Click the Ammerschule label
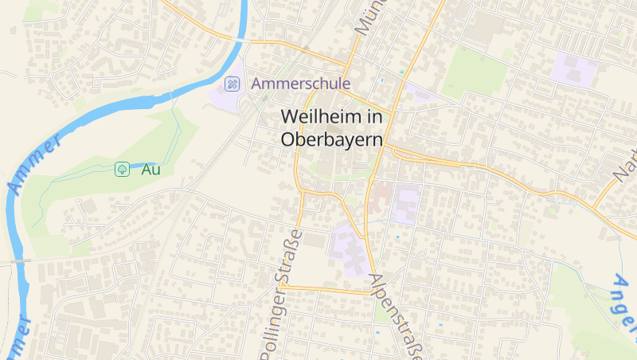coord(301,83)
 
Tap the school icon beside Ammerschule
coord(232,83)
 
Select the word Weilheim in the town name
coord(321,116)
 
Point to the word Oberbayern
coord(332,139)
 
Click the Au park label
coord(150,169)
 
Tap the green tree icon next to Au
coord(122,169)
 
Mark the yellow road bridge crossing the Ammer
coord(241,39)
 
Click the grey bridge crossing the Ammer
coord(18,260)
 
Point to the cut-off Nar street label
coord(626,163)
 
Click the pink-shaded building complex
coord(381,194)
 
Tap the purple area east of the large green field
coord(574,71)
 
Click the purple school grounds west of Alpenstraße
coord(349,248)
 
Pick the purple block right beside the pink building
coord(406,203)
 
